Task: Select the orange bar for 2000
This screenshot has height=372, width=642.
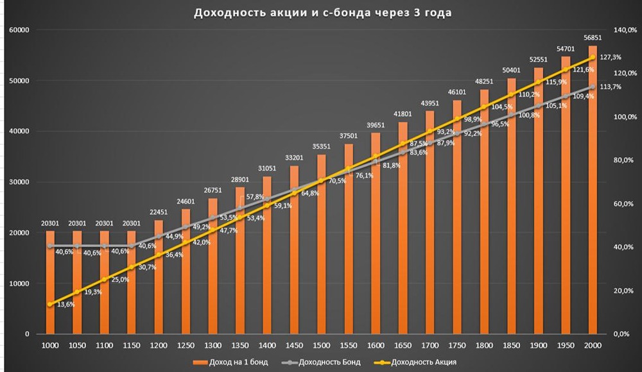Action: (x=593, y=192)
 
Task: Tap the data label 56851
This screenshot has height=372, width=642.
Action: (x=593, y=38)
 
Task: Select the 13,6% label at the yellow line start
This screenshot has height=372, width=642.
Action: (x=65, y=305)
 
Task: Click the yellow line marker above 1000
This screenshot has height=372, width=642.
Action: (x=50, y=304)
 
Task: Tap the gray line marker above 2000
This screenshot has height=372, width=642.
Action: (x=593, y=87)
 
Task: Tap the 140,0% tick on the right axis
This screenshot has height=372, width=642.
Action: (x=620, y=30)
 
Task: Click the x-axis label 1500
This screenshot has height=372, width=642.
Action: (x=322, y=346)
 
